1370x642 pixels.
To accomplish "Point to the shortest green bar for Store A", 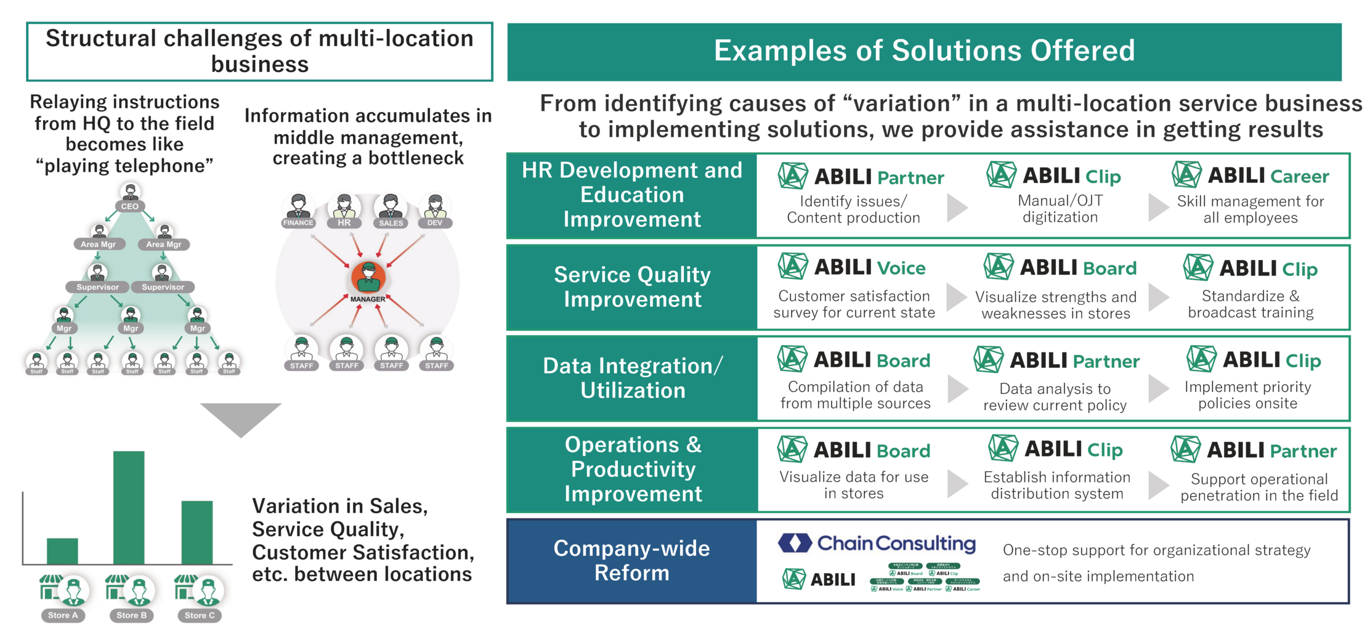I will (62, 551).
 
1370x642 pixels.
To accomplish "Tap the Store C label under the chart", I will (200, 615).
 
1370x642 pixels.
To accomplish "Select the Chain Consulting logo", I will (877, 543).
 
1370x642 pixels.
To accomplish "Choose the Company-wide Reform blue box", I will (631, 561).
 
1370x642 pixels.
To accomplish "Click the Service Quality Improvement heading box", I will (632, 287).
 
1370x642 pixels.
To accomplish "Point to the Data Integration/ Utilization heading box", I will (632, 378).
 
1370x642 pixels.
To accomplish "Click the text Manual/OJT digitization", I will (1060, 209).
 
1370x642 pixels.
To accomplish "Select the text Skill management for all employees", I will (1250, 209).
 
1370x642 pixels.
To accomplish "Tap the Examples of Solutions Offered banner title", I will (923, 51).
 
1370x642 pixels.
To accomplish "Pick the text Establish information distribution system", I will (1056, 486).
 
